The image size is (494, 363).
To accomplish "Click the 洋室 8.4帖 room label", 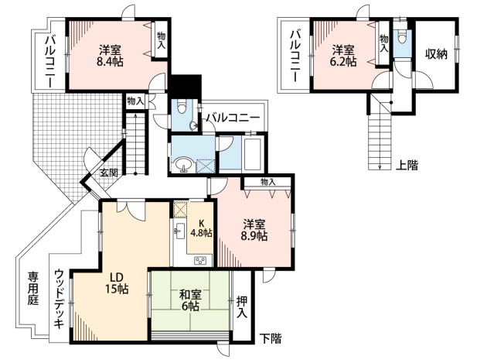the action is (110, 56).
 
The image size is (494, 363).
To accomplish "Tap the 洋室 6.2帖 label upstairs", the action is (343, 56).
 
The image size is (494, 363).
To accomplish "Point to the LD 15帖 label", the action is (117, 283).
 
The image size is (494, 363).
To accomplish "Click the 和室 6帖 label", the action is (190, 300).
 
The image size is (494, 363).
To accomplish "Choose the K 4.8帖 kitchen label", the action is (201, 228).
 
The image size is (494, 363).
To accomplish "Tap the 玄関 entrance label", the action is (109, 173).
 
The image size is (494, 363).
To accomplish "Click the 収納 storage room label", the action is (436, 54).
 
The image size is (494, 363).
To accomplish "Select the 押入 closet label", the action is (242, 306).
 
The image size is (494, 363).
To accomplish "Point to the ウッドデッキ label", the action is (60, 299).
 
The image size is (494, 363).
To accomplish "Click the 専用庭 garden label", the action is (32, 288).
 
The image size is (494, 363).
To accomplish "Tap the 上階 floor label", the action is (407, 165).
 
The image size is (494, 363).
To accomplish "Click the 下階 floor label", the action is (271, 338).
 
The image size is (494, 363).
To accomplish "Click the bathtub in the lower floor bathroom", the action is (254, 153).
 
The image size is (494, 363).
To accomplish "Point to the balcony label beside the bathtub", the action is (233, 118).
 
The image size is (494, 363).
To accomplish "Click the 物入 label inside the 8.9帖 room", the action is (268, 182).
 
